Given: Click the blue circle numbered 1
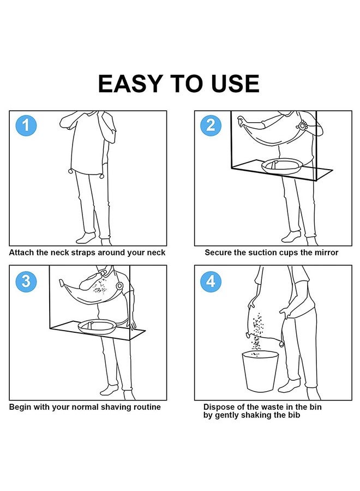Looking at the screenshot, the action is click(26, 125).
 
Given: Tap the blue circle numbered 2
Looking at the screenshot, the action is click(211, 125).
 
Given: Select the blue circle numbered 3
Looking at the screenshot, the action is click(26, 281).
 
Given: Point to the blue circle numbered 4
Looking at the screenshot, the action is click(211, 281).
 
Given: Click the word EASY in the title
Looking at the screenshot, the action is click(130, 83).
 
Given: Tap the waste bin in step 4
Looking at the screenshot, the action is click(260, 371).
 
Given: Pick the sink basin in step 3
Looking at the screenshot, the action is click(97, 326).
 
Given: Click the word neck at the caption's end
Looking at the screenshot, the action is click(156, 253).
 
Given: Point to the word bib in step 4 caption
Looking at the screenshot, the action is click(294, 415).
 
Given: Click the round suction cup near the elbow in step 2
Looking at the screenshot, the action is click(302, 126).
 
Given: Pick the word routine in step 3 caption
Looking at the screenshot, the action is click(147, 407).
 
